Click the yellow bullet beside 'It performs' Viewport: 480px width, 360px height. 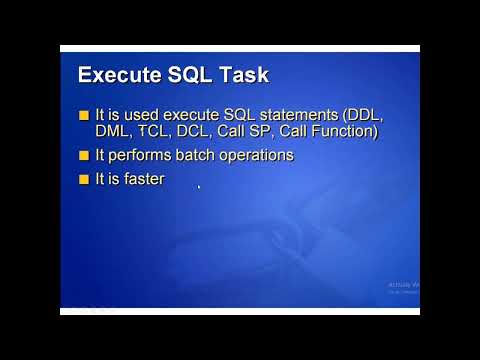(x=84, y=155)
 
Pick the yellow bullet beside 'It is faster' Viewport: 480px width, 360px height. (x=84, y=180)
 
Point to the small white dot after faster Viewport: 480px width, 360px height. (x=199, y=186)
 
